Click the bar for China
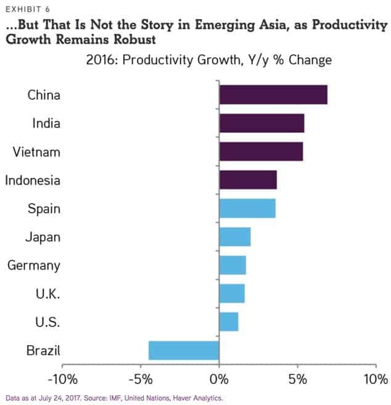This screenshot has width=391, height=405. pyautogui.click(x=273, y=95)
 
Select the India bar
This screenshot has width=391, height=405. pyautogui.click(x=261, y=123)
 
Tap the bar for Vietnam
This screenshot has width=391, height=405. pyautogui.click(x=261, y=152)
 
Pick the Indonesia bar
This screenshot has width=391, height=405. pyautogui.click(x=248, y=180)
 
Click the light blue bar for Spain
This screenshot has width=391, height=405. pyautogui.click(x=247, y=209)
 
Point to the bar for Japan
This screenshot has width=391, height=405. pyautogui.click(x=235, y=236)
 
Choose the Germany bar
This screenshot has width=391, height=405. pyautogui.click(x=233, y=265)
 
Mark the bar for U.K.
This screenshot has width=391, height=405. pyautogui.click(x=232, y=293)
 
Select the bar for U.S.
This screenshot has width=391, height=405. pyautogui.click(x=229, y=322)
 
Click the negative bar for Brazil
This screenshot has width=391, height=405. pyautogui.click(x=184, y=350)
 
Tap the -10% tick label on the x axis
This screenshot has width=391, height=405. pyautogui.click(x=62, y=377)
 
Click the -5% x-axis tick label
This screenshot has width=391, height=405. pyautogui.click(x=141, y=377)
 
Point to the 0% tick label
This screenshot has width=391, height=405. pyautogui.click(x=219, y=377)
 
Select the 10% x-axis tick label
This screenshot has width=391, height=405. pyautogui.click(x=375, y=377)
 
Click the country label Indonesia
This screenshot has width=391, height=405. pyautogui.click(x=33, y=180)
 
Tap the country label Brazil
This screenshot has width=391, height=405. pyautogui.click(x=43, y=351)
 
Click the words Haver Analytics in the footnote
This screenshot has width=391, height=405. pyautogui.click(x=198, y=398)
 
